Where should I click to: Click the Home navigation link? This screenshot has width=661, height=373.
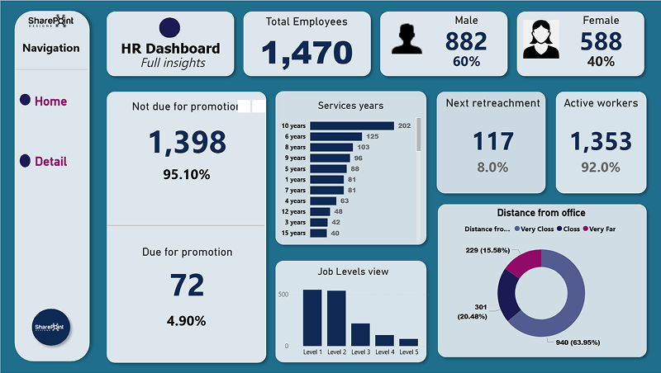click(50, 102)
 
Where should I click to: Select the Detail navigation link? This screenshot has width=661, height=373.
click(50, 162)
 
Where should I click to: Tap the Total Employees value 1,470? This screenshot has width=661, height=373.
click(307, 53)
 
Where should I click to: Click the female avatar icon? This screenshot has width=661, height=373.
click(540, 41)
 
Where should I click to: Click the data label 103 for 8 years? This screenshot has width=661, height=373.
click(363, 147)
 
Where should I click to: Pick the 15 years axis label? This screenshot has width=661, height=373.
click(293, 233)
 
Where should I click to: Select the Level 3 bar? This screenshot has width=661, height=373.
click(360, 334)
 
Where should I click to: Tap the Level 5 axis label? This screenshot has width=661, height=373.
click(408, 352)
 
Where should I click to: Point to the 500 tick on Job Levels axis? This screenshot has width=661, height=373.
click(283, 295)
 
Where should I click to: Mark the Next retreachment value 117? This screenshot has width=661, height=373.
click(492, 142)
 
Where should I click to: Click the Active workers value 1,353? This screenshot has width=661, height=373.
click(601, 142)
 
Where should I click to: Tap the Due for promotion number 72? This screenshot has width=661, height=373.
click(187, 286)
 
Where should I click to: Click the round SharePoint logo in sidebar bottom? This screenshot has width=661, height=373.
click(51, 328)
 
